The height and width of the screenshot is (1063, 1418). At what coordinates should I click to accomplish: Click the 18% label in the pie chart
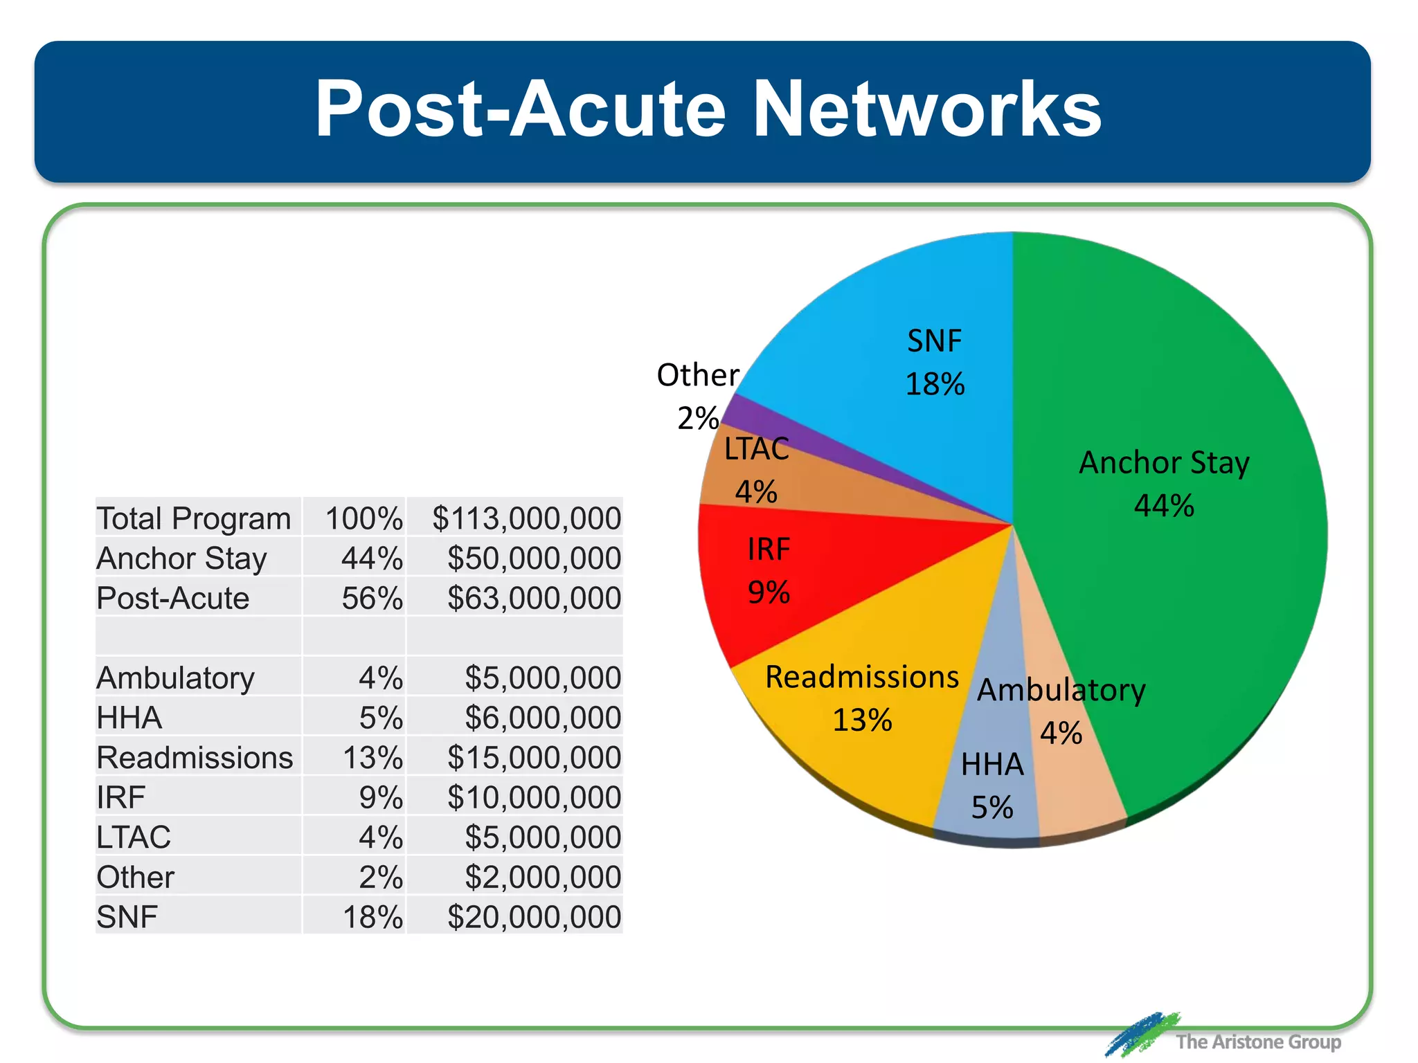coord(935,385)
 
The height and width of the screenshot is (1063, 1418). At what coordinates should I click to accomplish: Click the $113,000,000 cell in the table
coord(526,518)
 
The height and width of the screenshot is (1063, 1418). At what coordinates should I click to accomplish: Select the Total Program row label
coord(194,518)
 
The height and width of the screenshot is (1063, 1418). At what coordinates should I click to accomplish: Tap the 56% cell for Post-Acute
coord(372,598)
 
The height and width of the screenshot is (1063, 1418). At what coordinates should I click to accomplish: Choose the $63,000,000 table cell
coord(534,598)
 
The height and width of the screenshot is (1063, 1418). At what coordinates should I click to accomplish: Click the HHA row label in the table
coord(129,718)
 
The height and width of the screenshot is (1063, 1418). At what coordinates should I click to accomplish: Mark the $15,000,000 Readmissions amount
coord(534,758)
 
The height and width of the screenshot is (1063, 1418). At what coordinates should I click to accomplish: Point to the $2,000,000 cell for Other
coord(542,878)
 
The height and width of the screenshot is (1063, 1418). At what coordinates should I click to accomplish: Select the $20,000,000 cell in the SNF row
coord(534,917)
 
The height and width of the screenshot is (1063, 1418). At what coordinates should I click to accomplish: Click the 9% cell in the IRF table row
coord(381,797)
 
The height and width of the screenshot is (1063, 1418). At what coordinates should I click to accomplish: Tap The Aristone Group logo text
coord(1257,1042)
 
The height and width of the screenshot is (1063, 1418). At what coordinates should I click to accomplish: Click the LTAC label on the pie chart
coord(756,449)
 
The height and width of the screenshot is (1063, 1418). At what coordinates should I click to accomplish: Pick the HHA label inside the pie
coord(992,765)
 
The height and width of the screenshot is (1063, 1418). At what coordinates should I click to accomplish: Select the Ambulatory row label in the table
coord(176,678)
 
